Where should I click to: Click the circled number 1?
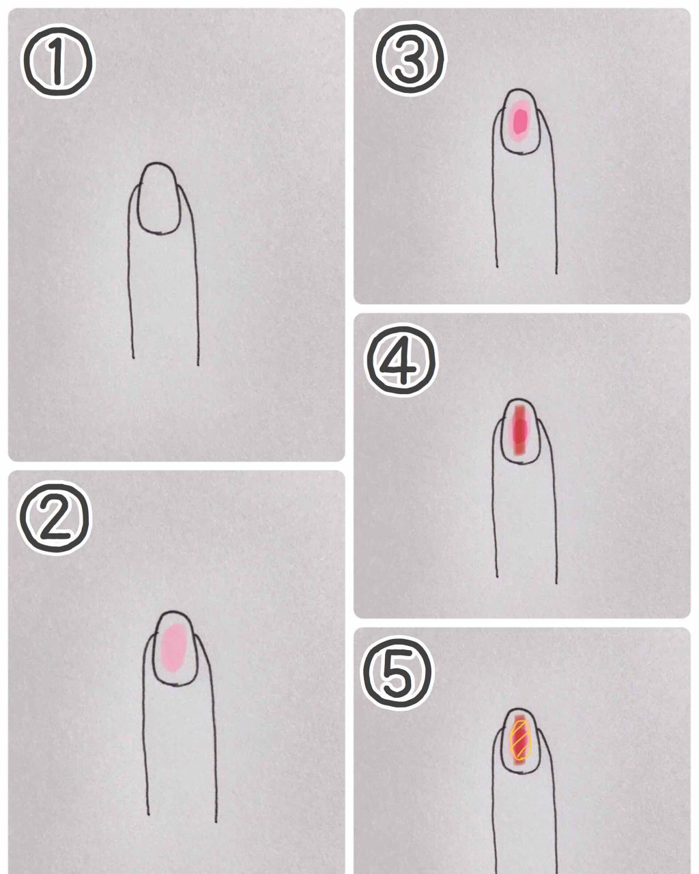point(57,61)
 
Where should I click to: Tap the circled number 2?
point(55,518)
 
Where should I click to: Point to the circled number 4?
point(401,360)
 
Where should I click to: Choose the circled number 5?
point(398,672)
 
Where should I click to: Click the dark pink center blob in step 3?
point(519,121)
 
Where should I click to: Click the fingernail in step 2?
point(175,648)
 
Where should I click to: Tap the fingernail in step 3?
point(520,121)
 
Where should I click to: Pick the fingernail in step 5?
point(520,741)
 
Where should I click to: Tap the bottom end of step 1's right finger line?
point(198,365)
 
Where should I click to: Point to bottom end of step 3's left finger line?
point(497,267)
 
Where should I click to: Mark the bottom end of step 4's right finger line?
point(556,583)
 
